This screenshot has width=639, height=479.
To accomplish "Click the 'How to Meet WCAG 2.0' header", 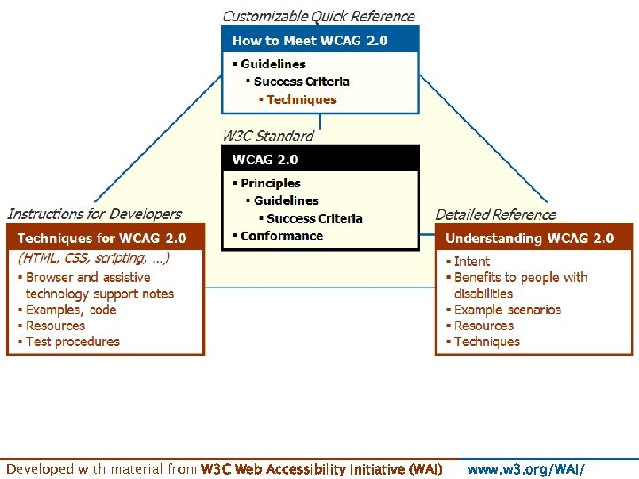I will click(x=310, y=41).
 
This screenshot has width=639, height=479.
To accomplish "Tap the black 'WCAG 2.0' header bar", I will click(x=265, y=160).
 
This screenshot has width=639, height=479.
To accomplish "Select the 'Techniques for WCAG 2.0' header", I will click(x=102, y=238).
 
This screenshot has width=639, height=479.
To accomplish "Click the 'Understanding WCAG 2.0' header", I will click(x=530, y=238).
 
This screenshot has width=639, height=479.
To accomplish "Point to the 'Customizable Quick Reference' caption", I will click(x=319, y=16).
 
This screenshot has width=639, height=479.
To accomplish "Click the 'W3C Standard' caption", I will click(x=268, y=136).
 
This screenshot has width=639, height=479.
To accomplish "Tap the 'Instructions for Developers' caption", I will click(x=94, y=214).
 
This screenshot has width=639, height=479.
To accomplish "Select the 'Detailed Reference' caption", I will click(x=496, y=215).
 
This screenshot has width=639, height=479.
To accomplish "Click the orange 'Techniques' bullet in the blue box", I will click(x=302, y=99).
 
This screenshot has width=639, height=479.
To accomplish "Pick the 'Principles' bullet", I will click(x=271, y=183).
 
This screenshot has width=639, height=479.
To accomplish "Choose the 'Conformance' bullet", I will click(x=281, y=236).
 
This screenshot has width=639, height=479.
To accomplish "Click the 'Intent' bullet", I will click(x=472, y=262).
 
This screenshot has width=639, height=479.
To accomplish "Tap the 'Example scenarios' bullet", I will click(x=508, y=310).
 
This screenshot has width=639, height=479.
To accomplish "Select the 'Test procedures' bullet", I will click(x=73, y=342).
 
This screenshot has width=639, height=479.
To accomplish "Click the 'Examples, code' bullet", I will click(x=71, y=310).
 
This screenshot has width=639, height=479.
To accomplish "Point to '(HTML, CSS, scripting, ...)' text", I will click(x=93, y=258).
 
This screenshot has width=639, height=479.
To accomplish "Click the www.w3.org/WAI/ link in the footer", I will click(x=526, y=469).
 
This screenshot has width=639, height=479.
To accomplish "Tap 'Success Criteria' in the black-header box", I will click(x=314, y=218).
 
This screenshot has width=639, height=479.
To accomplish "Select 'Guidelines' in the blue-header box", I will click(x=273, y=64).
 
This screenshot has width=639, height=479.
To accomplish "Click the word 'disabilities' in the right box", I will click(x=484, y=294).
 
